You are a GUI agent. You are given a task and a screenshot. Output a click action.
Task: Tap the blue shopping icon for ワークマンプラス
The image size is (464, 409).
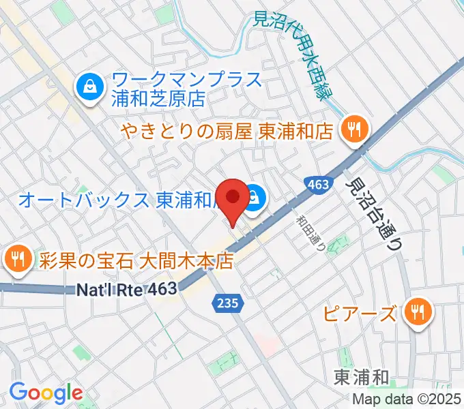point(89,86)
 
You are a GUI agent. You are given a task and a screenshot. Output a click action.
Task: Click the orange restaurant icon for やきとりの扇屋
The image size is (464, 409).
point(353,128)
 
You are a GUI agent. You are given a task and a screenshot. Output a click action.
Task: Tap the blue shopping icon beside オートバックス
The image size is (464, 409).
point(254,198)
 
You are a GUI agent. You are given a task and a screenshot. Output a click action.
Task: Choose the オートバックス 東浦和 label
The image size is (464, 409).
point(116,200)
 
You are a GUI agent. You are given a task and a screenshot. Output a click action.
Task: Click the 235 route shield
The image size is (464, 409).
point(228,303)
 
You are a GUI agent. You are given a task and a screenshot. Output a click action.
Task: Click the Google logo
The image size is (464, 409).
point(46,393)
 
